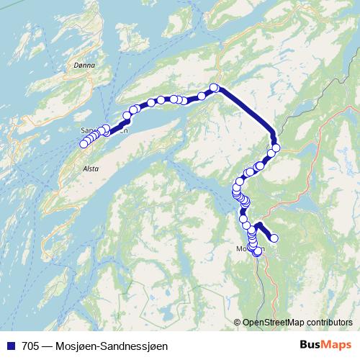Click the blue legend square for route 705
pos(10,346)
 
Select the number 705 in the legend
pos(31,346)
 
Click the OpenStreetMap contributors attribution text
pos(297,323)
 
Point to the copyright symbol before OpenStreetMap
pos(238,323)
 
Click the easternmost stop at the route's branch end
pos(274,238)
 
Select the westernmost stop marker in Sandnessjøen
pos(84,144)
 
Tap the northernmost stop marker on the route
pos(214,88)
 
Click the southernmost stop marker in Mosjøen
pos(257,252)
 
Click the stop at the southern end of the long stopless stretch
pos(275,148)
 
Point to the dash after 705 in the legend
pos(47,346)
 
